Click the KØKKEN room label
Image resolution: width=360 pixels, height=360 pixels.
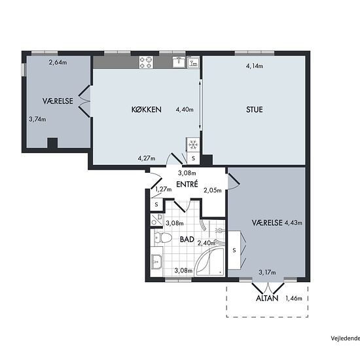147,109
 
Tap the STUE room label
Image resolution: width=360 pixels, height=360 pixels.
255,109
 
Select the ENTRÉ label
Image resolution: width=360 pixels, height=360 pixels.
187,184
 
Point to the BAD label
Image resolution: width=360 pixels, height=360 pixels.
187,240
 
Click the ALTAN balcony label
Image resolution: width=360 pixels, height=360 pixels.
267,298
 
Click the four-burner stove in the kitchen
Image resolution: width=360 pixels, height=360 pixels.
146,62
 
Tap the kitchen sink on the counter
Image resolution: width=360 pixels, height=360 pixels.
179,62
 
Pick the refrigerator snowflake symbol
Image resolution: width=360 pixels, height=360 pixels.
193,145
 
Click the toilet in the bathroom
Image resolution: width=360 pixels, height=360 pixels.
163,238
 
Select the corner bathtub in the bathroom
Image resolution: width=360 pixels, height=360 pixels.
209,262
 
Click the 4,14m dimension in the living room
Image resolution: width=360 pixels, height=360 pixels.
255,66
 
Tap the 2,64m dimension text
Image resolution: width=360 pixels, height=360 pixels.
58,62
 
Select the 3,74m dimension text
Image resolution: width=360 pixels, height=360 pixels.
37,119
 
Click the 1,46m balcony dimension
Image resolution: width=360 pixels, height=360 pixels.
294,298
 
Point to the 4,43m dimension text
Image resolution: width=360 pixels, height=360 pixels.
293,223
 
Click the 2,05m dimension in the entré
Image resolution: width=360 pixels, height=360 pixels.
213,190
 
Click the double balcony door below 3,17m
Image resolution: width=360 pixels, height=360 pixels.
268,288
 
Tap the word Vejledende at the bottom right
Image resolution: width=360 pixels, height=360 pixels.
346,338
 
